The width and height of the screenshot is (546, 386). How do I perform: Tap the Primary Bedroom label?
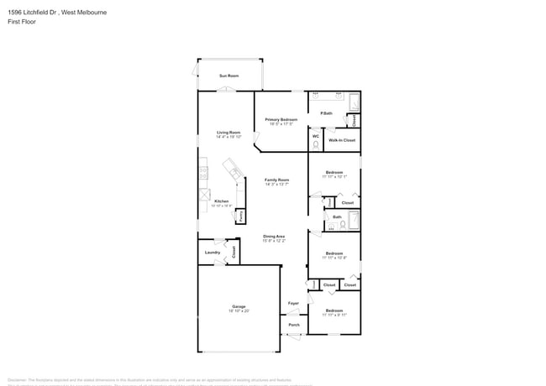pyautogui.click(x=281, y=120)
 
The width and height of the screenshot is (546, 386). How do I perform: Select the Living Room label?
pyautogui.click(x=228, y=132)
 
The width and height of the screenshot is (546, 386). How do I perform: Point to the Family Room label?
pyautogui.click(x=277, y=180)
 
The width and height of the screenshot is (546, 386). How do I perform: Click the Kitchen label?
pyautogui.click(x=221, y=201)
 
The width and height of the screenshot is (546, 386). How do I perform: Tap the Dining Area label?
pyautogui.click(x=275, y=237)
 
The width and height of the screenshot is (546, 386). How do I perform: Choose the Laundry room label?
pyautogui.click(x=213, y=252)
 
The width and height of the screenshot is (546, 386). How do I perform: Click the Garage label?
pyautogui.click(x=239, y=306)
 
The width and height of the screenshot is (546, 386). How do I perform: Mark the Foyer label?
pyautogui.click(x=293, y=303)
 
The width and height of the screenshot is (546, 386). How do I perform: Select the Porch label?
pyautogui.click(x=294, y=325)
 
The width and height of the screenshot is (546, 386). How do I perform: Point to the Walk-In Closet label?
pyautogui.click(x=342, y=140)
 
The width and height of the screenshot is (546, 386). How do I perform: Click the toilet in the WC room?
pyautogui.click(x=316, y=144)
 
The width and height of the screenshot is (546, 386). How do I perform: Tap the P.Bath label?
pyautogui.click(x=326, y=113)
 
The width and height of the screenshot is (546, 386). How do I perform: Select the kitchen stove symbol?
pyautogui.click(x=202, y=174)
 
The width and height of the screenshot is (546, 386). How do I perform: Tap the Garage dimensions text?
pyautogui.click(x=239, y=311)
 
